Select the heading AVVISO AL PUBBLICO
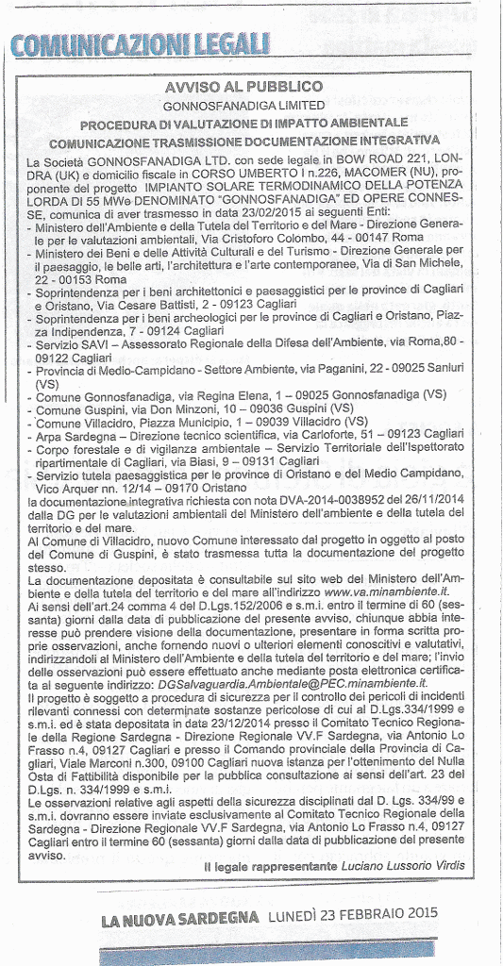[243, 87]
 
